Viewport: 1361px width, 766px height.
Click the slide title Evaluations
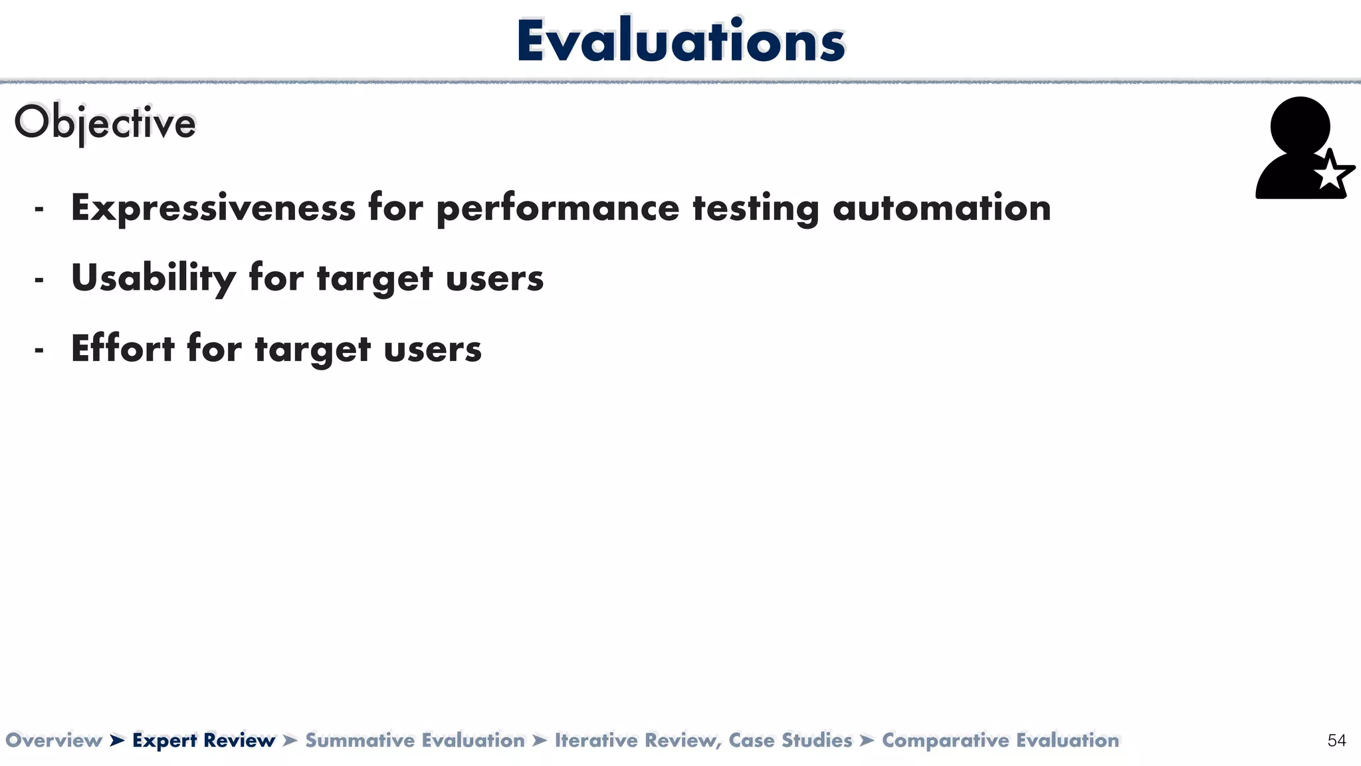(x=680, y=41)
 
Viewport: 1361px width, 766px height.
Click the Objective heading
(x=105, y=123)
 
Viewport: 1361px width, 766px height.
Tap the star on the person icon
(x=1332, y=174)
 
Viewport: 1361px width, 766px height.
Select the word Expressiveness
(x=213, y=208)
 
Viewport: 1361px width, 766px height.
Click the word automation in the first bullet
(x=942, y=208)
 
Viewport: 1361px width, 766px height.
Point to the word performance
(x=558, y=208)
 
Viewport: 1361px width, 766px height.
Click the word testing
(x=756, y=208)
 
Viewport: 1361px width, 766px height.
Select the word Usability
(x=153, y=278)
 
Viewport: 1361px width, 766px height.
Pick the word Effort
(x=122, y=348)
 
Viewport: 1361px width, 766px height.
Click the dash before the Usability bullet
(x=39, y=281)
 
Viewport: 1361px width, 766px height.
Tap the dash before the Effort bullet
(x=39, y=351)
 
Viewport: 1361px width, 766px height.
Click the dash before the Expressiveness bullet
(x=39, y=210)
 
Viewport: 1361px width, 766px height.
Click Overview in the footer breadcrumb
(x=53, y=740)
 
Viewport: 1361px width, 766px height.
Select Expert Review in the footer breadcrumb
(x=203, y=740)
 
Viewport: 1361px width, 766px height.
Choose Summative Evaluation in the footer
(x=415, y=740)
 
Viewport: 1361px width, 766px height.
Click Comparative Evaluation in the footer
(x=1000, y=740)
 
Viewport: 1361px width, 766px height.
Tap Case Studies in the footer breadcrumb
(x=790, y=740)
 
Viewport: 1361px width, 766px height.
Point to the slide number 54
(x=1336, y=741)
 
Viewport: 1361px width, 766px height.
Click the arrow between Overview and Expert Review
(x=117, y=740)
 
